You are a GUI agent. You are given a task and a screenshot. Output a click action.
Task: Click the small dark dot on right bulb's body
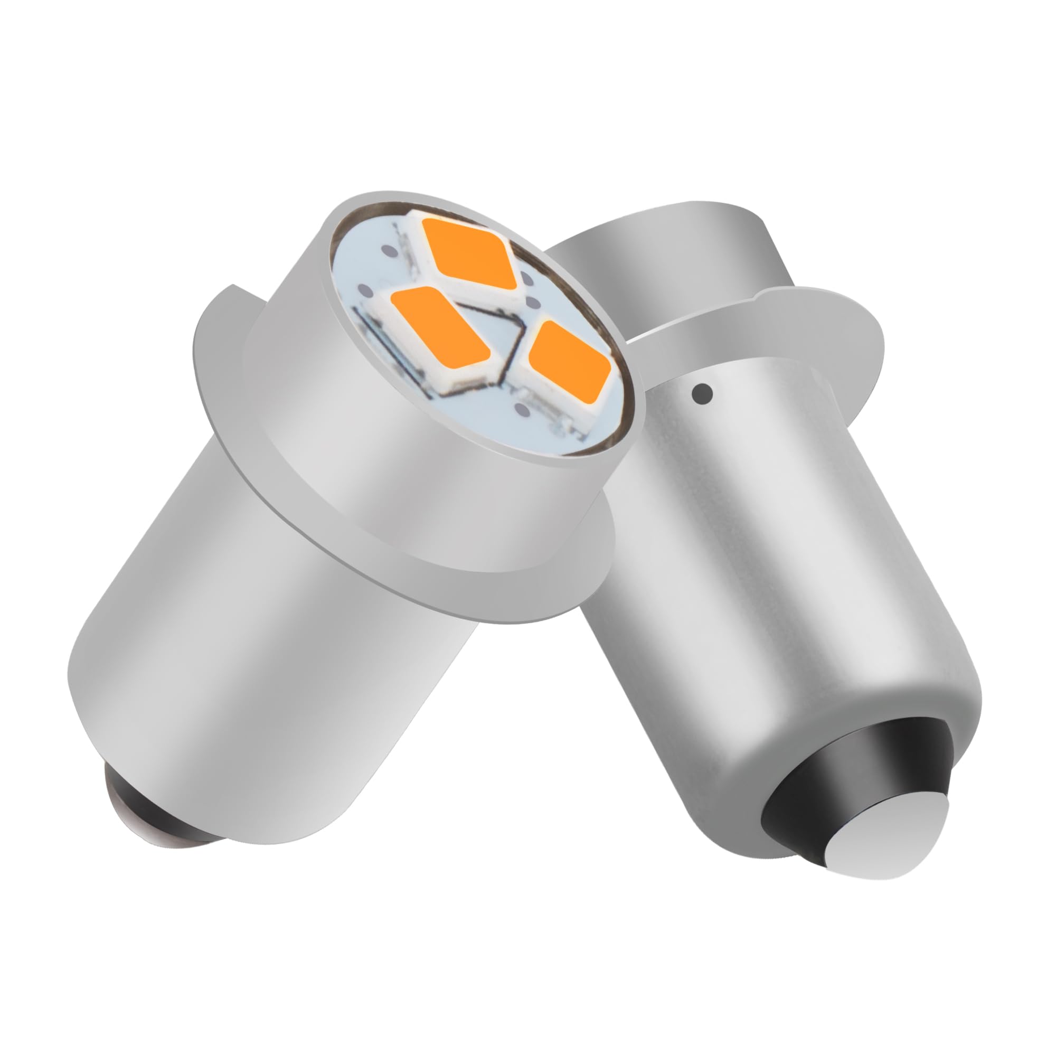pyautogui.click(x=703, y=391)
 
